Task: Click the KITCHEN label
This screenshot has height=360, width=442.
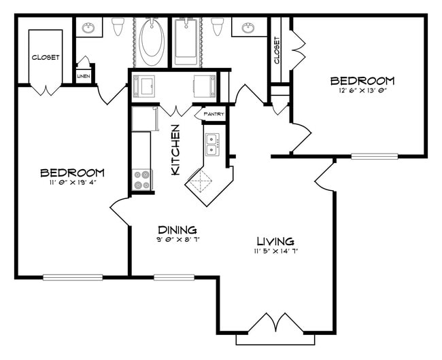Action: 175,150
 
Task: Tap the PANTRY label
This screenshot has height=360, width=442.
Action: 214,115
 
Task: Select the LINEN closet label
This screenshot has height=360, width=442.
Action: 84,76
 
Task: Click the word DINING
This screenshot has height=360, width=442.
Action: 177,230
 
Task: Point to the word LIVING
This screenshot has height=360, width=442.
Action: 275,241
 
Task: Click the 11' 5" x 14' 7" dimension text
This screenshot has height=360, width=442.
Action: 275,251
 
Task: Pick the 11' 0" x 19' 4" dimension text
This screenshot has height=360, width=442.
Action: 71,182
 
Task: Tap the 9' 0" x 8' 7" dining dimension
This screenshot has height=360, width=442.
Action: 177,239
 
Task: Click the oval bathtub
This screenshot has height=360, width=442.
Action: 152,42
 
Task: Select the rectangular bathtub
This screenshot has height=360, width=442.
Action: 185,41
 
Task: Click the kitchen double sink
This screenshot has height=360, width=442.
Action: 213,145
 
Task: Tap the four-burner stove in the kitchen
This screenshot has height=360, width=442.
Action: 142,180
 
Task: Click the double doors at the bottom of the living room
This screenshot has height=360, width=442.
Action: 275,325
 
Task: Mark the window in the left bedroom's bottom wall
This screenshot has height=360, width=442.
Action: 73,277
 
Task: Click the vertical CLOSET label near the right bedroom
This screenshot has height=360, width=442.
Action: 277,50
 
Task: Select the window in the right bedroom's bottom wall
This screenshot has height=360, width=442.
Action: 374,157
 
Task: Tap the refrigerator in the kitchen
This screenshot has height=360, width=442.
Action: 144,119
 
